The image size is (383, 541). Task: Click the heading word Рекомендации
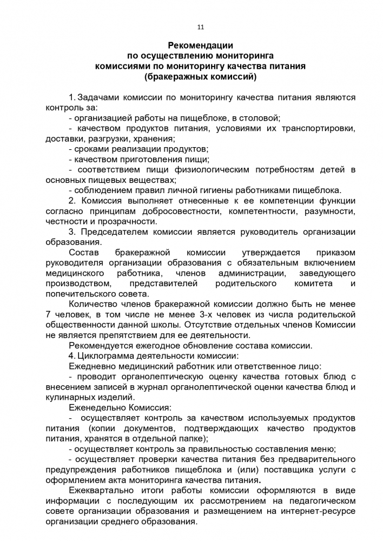point(200,46)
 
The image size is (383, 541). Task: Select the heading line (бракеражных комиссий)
point(200,77)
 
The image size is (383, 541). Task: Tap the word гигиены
point(204,190)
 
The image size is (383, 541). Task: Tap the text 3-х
point(201,314)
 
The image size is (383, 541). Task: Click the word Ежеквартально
point(102,490)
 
